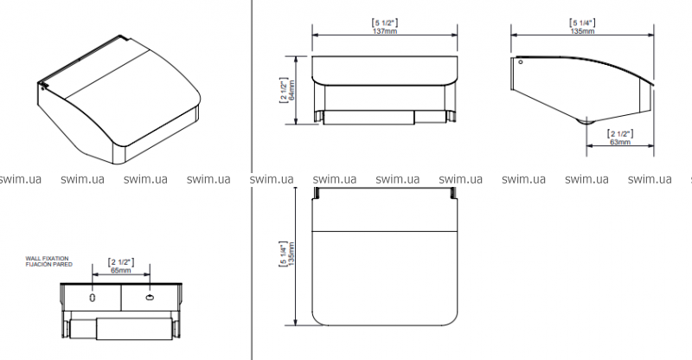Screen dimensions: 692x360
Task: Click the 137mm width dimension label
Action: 385,31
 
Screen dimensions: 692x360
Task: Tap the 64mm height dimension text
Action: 292,90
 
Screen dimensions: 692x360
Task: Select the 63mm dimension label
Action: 620,142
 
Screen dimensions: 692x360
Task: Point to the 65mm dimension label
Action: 120,270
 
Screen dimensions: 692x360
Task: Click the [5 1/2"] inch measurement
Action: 385,23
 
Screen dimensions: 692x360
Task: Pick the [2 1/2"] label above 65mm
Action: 120,262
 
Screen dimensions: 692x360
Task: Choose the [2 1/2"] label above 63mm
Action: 620,134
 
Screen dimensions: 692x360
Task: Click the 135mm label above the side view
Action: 582,31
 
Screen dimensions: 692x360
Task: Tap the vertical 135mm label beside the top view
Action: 292,254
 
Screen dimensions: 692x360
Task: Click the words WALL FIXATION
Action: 48,259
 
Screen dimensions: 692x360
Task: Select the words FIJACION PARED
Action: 49,264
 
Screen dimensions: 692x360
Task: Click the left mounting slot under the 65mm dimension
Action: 93,298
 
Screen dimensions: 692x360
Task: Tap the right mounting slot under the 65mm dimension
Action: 150,298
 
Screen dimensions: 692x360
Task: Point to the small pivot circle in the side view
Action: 521,62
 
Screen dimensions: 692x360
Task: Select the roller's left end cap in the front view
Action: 318,116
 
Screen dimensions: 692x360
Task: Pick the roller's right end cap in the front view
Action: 452,116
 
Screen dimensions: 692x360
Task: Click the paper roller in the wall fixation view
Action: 120,329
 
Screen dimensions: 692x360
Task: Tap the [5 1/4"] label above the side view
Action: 582,22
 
